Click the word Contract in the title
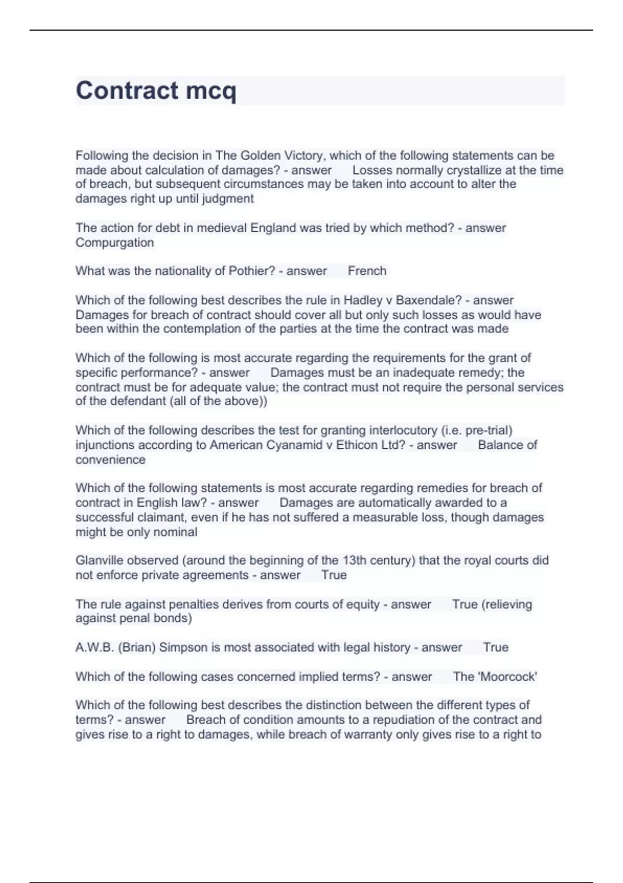point(127,90)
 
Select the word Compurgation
point(114,243)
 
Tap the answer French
point(367,271)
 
